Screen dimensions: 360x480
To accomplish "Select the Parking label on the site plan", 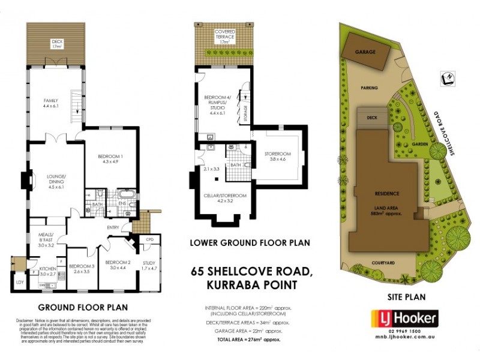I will pyautogui.click(x=369, y=88).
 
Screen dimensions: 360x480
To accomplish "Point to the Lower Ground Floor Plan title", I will pyautogui.click(x=250, y=243).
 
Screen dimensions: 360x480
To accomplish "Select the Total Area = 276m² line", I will pyautogui.click(x=249, y=340).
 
